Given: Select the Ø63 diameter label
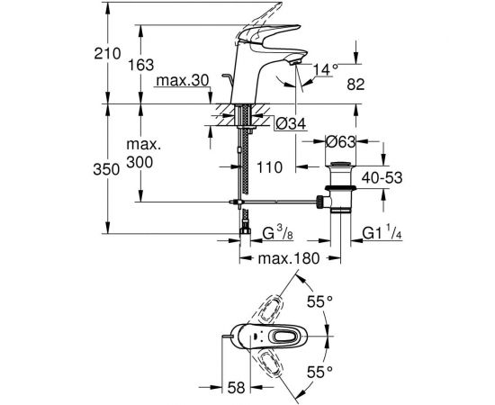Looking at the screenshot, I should tap(344, 140).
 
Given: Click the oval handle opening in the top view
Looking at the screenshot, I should tap(282, 337).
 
